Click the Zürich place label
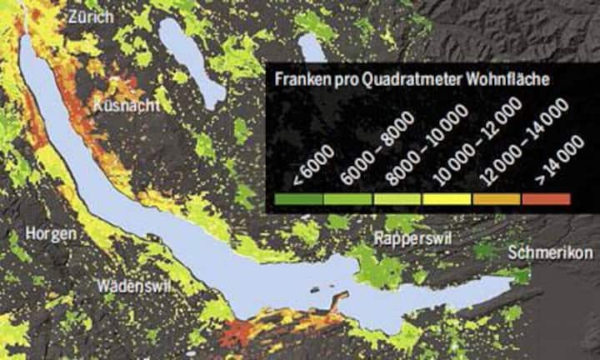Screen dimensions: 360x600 [x=92, y=17]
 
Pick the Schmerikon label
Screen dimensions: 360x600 [x=549, y=252]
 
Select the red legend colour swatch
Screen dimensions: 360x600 [x=546, y=199]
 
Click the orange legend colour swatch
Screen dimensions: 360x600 [x=497, y=199]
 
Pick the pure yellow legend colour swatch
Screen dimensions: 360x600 [x=447, y=199]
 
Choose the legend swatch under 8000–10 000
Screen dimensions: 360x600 [x=398, y=199]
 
